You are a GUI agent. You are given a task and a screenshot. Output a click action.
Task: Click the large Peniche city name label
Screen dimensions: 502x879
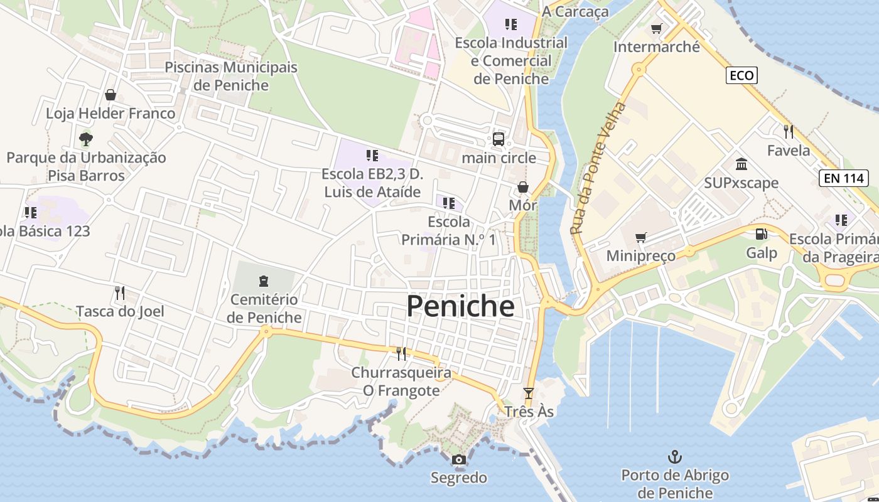pyautogui.click(x=460, y=306)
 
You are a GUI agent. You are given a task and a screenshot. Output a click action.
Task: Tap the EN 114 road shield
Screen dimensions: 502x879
pyautogui.click(x=844, y=178)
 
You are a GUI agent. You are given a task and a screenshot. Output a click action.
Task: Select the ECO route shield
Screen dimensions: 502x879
pyautogui.click(x=741, y=76)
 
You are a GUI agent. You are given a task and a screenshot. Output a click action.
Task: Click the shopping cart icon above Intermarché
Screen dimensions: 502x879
pyautogui.click(x=657, y=28)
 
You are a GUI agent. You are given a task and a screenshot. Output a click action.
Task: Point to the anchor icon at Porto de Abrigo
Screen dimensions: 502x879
pyautogui.click(x=675, y=456)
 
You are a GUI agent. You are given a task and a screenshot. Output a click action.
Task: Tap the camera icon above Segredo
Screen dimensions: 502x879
pyautogui.click(x=459, y=459)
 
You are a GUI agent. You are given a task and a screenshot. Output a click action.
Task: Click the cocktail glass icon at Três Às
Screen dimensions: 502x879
pyautogui.click(x=529, y=393)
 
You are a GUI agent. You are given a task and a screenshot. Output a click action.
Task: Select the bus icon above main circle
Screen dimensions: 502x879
pyautogui.click(x=499, y=139)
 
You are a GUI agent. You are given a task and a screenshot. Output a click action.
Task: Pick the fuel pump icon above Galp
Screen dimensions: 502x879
pyautogui.click(x=761, y=234)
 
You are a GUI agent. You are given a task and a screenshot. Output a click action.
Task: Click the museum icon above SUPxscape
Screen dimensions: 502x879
pyautogui.click(x=741, y=164)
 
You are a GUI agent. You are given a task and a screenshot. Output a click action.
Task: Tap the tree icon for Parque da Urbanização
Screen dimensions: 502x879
pyautogui.click(x=86, y=139)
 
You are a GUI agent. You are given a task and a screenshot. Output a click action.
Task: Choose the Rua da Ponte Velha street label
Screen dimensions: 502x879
pyautogui.click(x=598, y=168)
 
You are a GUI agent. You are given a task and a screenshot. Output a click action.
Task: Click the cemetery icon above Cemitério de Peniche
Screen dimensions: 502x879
pyautogui.click(x=264, y=281)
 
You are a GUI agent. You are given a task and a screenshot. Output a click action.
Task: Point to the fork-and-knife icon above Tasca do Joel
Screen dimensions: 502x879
pyautogui.click(x=120, y=292)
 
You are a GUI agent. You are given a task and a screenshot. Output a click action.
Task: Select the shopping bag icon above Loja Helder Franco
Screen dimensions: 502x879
pyautogui.click(x=111, y=95)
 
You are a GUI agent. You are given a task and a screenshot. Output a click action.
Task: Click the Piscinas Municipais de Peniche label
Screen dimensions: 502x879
pyautogui.click(x=231, y=76)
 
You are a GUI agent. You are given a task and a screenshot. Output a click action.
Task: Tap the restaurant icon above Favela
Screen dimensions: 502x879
pyautogui.click(x=789, y=132)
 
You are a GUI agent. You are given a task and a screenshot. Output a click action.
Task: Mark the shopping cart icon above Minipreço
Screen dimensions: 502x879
pyautogui.click(x=640, y=237)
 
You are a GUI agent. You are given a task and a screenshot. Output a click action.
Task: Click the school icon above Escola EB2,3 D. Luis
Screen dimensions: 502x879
pyautogui.click(x=372, y=155)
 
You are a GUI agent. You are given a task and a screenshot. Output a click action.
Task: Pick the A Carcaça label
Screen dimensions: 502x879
pyautogui.click(x=575, y=11)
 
